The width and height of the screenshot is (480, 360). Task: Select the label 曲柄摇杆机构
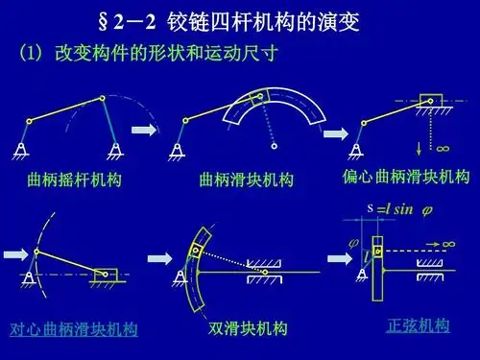tap(75, 180)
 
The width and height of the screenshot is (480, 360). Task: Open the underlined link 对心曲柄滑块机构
tap(74, 329)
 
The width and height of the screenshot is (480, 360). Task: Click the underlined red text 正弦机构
tap(418, 324)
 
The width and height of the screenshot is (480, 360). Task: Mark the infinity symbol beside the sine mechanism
tap(449, 245)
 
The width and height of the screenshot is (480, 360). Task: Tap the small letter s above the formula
tap(369, 205)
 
